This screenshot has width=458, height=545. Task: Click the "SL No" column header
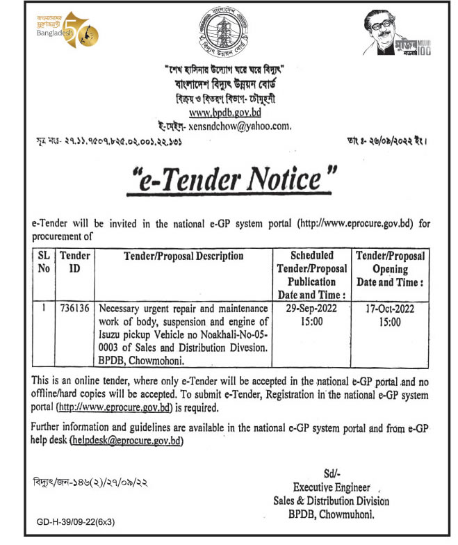[43, 263]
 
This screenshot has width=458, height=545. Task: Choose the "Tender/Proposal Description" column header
[183, 257]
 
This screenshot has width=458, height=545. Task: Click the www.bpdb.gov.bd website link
[229, 112]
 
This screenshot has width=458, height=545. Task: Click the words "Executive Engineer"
[331, 487]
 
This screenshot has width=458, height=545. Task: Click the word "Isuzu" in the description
[112, 335]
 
